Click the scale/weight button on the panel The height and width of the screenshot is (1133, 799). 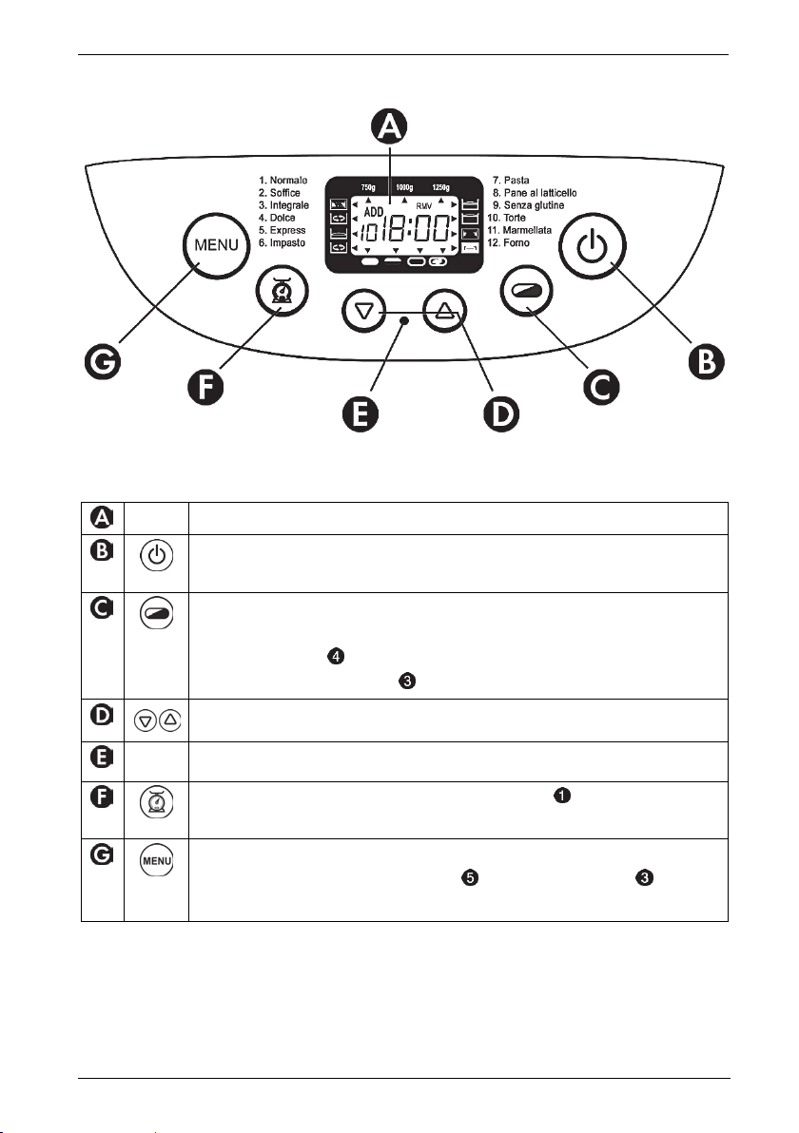[281, 293]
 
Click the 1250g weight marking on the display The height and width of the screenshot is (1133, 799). [442, 187]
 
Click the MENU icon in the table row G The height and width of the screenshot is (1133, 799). [156, 865]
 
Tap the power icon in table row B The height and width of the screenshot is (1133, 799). [156, 557]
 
